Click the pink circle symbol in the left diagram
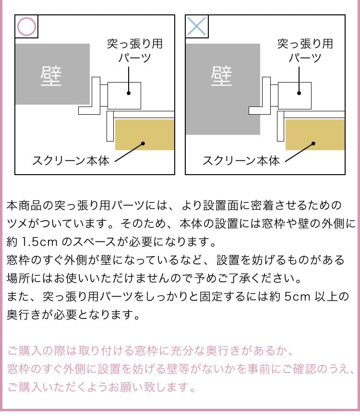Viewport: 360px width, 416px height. (27, 26)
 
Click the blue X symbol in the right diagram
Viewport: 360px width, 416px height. (197, 26)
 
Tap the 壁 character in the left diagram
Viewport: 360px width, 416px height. (52, 76)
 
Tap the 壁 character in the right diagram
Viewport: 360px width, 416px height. (222, 76)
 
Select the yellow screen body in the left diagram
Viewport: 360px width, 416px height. (144, 135)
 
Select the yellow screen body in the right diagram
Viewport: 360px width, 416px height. (315, 135)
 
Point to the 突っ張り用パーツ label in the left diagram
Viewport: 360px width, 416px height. (135, 51)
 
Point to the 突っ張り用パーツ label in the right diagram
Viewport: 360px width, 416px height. (305, 51)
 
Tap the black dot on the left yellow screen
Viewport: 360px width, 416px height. (143, 143)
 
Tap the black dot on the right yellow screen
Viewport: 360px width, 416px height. (313, 143)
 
